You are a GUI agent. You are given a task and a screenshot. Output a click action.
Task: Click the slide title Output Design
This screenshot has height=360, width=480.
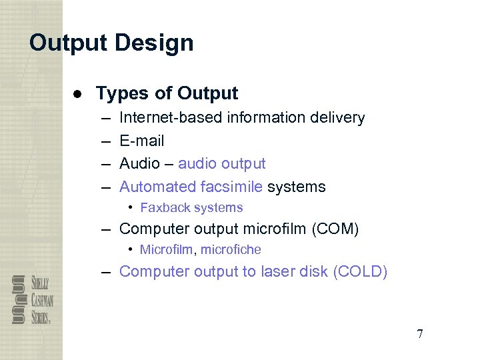point(111,43)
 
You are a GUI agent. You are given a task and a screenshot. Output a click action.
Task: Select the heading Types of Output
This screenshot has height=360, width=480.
point(167,93)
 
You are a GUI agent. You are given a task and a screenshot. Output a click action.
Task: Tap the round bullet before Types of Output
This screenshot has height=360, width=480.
point(78,93)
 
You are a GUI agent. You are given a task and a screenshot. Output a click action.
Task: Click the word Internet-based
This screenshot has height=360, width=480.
point(171,118)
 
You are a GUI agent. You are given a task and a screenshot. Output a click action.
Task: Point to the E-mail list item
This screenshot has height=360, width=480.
point(141,141)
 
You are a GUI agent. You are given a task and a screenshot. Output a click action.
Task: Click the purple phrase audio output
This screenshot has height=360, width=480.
point(221,163)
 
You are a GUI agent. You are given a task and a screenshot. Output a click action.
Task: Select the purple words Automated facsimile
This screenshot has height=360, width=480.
point(191,187)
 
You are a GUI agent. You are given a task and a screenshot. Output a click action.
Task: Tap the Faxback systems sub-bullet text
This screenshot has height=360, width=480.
point(191,208)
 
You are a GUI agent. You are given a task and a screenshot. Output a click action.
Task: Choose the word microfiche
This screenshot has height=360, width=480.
point(231,250)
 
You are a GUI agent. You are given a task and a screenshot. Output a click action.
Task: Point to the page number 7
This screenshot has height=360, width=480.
point(419,334)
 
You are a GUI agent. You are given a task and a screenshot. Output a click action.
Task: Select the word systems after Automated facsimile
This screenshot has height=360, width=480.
point(296,187)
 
